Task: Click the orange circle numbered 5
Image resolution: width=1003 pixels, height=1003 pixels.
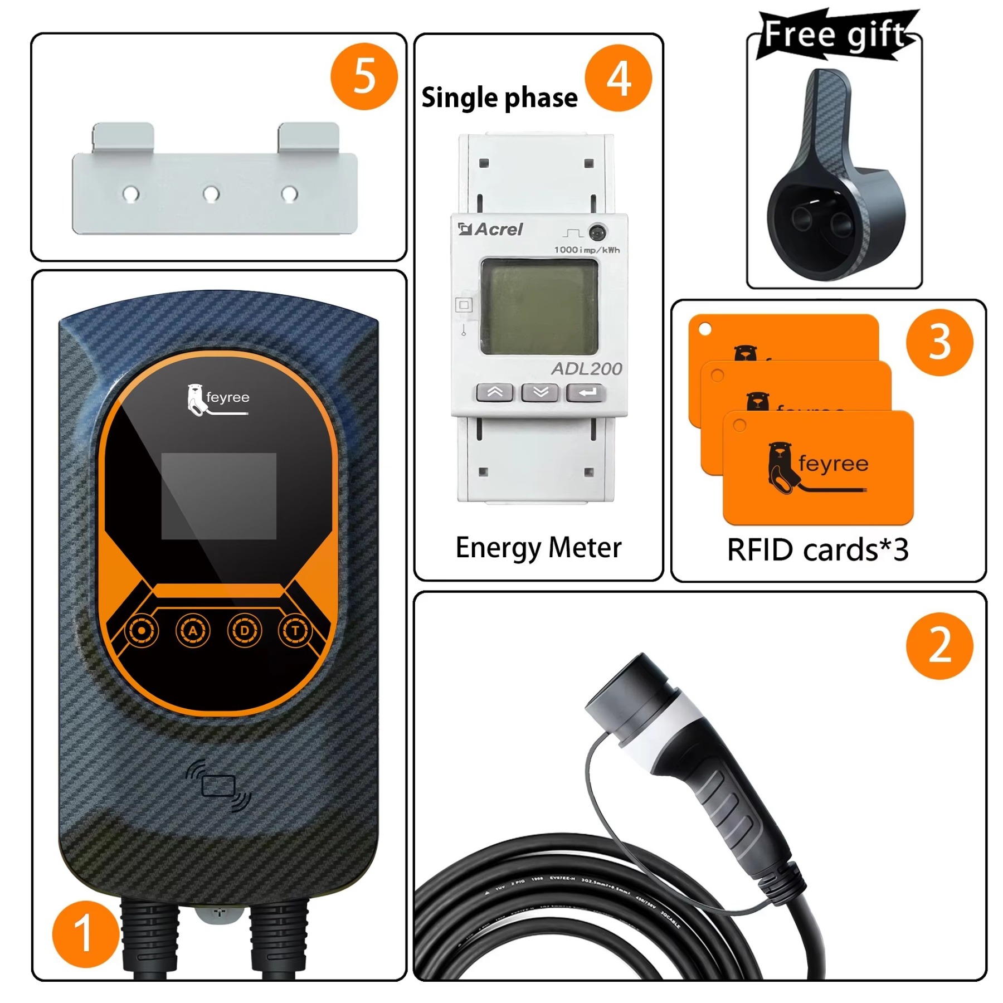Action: pos(364,76)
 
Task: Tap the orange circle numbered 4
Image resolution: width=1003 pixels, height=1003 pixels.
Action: pos(618,78)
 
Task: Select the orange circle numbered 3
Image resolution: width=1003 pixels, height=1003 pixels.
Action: pos(939,342)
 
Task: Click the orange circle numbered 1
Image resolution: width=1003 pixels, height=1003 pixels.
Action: pos(85,934)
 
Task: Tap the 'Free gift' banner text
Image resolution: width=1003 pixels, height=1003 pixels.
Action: pos(834,35)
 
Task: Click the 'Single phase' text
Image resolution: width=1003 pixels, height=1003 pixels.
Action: pos(499,98)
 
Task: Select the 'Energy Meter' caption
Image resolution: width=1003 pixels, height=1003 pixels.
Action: pos(538,547)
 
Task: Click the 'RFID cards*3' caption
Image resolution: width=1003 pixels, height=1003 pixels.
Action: pos(817,550)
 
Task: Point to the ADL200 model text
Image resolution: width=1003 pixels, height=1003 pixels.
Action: pos(587,369)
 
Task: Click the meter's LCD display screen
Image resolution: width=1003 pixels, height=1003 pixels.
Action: pos(539,306)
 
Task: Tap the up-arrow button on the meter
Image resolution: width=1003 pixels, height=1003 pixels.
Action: pos(495,392)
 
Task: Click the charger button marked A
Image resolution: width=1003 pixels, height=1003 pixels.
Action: pos(193,631)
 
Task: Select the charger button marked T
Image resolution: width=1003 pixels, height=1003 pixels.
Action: pos(295,631)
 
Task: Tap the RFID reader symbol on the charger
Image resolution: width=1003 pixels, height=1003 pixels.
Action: pos(218,786)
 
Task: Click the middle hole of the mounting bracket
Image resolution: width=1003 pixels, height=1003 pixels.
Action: pos(211,194)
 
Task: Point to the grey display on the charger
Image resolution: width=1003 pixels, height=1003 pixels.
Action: pos(218,496)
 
